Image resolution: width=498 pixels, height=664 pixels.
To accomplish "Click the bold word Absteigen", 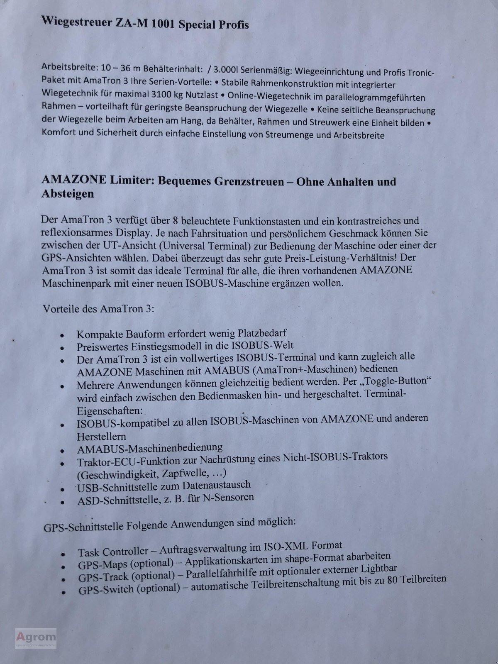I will pos(67,194).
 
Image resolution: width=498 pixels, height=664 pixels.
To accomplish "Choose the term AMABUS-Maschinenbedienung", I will pos(149,448).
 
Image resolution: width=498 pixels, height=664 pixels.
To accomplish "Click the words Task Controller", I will pos(113,552).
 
